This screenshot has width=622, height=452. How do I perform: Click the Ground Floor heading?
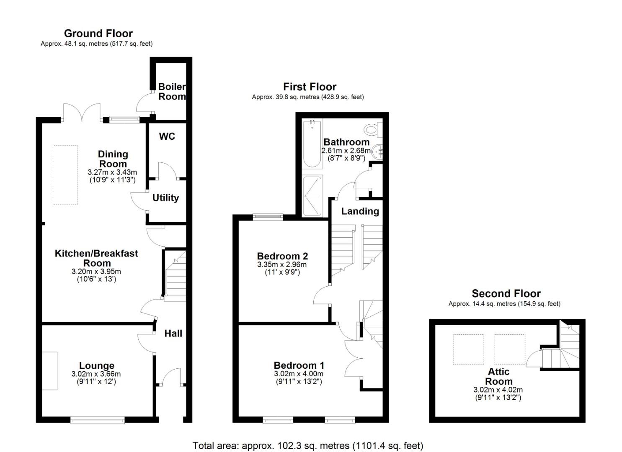tap(98, 33)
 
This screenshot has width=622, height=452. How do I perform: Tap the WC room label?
tap(167, 136)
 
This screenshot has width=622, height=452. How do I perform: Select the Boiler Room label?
tap(172, 92)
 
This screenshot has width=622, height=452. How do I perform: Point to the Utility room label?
tap(165, 198)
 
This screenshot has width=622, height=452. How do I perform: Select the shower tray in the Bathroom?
tap(312, 196)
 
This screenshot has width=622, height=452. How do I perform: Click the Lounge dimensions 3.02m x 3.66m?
tap(96, 374)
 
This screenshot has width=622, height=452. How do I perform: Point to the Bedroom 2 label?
tap(282, 256)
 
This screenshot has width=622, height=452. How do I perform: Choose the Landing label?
tap(360, 211)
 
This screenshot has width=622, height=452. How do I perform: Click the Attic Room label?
tap(499, 377)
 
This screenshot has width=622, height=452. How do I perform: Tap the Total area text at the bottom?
tap(308, 446)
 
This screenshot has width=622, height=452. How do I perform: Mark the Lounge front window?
tap(98, 420)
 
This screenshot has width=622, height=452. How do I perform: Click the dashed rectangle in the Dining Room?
tap(65, 175)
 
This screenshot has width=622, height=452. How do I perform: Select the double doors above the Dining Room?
tap(82, 113)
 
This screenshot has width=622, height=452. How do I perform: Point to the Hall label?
tap(173, 334)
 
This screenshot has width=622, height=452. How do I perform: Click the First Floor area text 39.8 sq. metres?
tap(308, 97)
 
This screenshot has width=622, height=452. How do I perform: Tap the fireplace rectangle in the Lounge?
tap(50, 371)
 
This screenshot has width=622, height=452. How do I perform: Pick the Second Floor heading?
tap(506, 293)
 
